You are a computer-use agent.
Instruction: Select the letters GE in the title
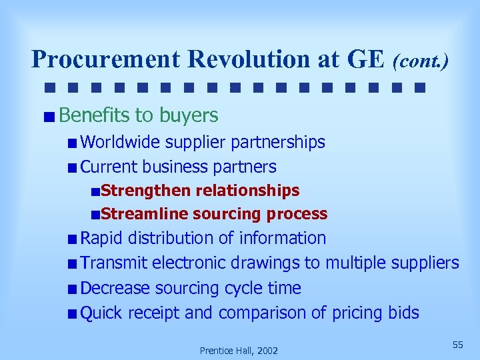[x=365, y=59]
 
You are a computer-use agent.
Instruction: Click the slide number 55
[x=457, y=344]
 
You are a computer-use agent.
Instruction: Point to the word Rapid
[x=101, y=238]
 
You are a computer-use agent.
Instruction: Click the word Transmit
[x=113, y=263]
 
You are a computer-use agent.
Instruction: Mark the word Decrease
[x=115, y=288]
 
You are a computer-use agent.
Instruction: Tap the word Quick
[x=101, y=313]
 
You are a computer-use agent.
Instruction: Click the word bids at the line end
[x=403, y=313]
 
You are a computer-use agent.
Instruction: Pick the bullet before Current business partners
[x=71, y=167]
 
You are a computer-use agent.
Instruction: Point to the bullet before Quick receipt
[x=71, y=313]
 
